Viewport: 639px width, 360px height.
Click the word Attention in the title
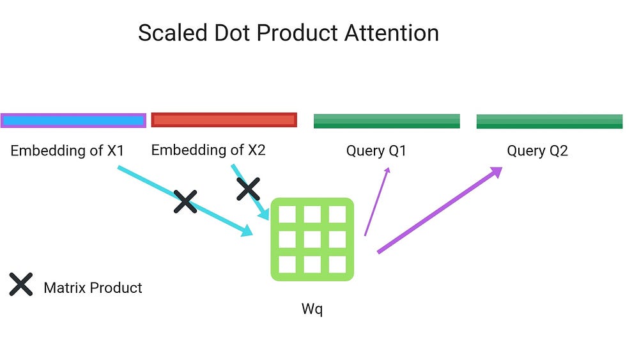[x=392, y=33]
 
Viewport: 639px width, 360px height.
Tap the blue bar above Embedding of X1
[x=73, y=121]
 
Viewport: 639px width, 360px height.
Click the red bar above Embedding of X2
[x=224, y=120]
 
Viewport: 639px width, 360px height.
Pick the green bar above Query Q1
[x=387, y=121]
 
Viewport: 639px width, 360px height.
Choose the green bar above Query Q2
[x=550, y=121]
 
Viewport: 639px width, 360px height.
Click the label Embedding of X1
[x=67, y=151]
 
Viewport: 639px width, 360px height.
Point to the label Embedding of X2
[x=208, y=150]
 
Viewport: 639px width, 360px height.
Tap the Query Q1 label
[x=376, y=151]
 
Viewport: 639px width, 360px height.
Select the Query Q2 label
[x=537, y=151]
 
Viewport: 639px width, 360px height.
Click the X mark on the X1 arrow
[x=185, y=201]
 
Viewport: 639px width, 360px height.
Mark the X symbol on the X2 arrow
[x=248, y=189]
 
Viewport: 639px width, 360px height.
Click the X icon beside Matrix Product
[x=21, y=284]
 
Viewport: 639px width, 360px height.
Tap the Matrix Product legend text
[x=93, y=288]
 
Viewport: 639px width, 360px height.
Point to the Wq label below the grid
[x=312, y=309]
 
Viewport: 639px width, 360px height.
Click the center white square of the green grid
[x=312, y=240]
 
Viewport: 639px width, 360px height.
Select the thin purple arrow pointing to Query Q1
[x=377, y=201]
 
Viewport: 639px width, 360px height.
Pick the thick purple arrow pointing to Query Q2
[x=440, y=210]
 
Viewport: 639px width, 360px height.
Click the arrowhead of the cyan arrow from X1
[x=247, y=230]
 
